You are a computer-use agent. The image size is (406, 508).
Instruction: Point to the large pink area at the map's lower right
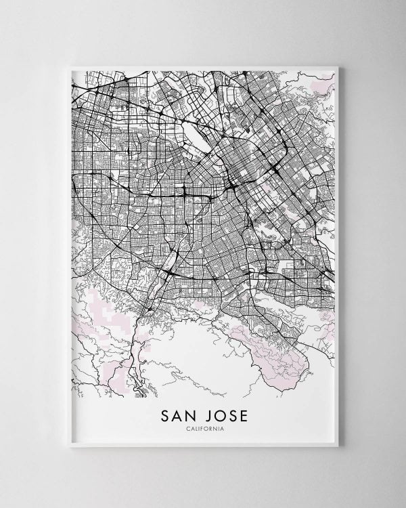tap(277, 352)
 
